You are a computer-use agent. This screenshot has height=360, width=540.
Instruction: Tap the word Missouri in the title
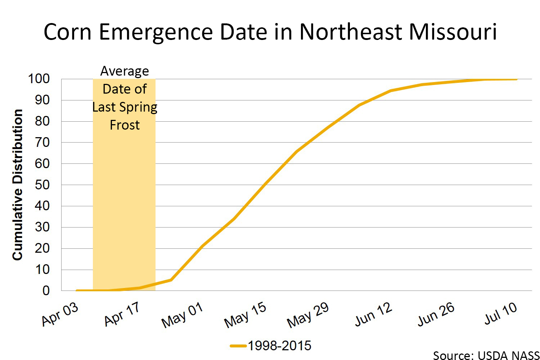[453, 32]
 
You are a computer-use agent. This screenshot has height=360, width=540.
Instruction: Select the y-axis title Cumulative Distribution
[18, 185]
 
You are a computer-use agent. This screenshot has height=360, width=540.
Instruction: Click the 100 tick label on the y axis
[39, 79]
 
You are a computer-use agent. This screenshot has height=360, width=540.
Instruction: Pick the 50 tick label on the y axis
[42, 185]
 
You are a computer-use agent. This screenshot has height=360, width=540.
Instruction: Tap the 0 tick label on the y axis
[46, 291]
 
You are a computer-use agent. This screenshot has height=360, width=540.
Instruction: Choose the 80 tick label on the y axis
[42, 121]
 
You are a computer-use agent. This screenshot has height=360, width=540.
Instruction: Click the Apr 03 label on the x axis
[60, 314]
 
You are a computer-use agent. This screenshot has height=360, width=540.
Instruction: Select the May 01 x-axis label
[182, 315]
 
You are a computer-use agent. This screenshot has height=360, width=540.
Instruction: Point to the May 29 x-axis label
[308, 315]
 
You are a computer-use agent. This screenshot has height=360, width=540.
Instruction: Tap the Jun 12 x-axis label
[373, 314]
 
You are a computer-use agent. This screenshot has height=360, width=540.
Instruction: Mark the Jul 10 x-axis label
[500, 313]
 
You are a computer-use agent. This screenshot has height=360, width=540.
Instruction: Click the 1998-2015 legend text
[279, 346]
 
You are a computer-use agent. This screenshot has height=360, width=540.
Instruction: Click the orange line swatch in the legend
[238, 346]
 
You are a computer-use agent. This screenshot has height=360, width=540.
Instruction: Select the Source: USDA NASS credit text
[486, 355]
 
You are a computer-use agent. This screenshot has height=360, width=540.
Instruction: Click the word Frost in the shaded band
[125, 125]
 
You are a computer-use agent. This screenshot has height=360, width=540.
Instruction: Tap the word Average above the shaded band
[125, 71]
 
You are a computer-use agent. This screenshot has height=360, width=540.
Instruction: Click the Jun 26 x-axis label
[436, 314]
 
